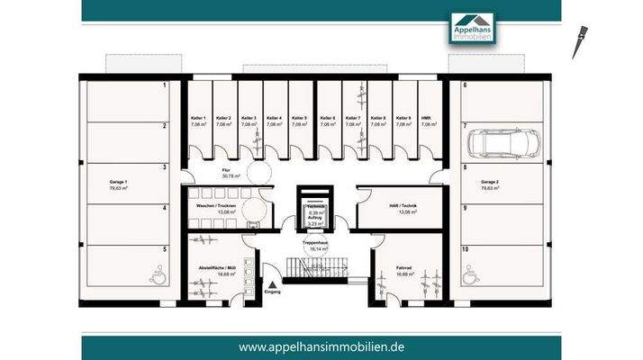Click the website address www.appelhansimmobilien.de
pos(321,347)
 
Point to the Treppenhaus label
pos(314,242)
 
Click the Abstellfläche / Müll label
pos(216,270)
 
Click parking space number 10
pos(466,248)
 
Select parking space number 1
pos(164,85)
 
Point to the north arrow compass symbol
pos(579,43)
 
